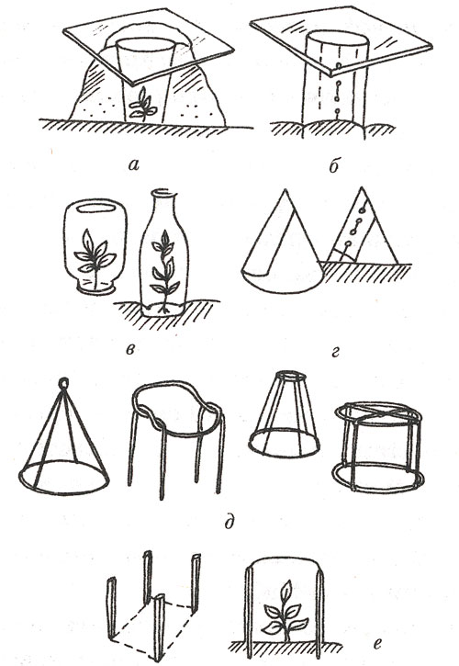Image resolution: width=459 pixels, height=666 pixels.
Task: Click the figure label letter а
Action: coord(133,164)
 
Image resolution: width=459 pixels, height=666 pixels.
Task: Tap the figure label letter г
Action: coord(335,351)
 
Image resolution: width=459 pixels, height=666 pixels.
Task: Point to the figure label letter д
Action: coord(229,522)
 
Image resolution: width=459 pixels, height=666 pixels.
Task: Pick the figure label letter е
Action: coord(376,644)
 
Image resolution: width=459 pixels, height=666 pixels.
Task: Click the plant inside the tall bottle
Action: coord(164,271)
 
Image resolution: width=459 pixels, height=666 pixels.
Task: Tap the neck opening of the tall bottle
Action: coord(162,192)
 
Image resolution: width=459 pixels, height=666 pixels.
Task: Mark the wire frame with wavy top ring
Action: coord(177,438)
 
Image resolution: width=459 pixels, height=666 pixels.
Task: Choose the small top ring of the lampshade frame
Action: coord(292,376)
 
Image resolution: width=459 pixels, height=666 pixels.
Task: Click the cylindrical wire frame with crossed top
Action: coord(378,446)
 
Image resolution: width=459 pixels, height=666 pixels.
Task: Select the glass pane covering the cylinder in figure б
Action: coord(341,41)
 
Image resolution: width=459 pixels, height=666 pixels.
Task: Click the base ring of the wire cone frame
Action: coord(63,477)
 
